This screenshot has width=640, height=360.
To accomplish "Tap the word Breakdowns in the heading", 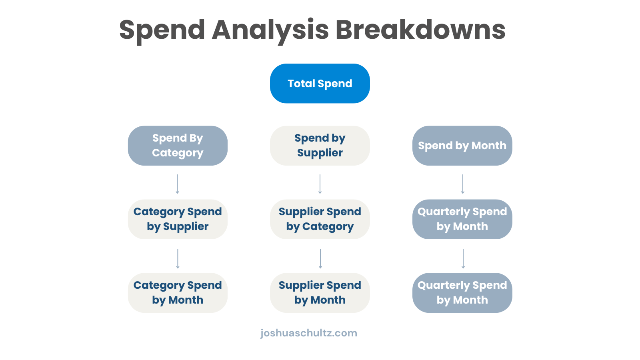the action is point(420,29).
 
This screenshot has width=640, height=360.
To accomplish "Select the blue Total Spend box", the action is point(320,84).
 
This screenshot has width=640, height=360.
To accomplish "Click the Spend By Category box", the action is point(178,146).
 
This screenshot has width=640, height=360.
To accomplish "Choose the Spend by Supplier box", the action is point(320,146).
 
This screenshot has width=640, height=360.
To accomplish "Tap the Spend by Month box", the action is point(462,146).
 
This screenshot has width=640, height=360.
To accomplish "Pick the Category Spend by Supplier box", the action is point(178,219).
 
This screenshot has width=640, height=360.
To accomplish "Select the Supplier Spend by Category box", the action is point(320,219).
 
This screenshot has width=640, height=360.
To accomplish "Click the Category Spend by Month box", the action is point(178,293).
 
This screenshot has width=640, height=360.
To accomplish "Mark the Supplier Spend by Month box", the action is point(320,293).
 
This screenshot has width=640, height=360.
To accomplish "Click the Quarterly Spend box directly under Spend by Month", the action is point(462,219).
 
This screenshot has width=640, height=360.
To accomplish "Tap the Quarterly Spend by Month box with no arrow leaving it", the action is point(462,293).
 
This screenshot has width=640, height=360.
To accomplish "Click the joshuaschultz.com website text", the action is point(308,333).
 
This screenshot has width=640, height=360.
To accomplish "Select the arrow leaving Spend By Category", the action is point(177,184).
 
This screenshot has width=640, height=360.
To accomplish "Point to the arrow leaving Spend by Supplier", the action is point(320,184).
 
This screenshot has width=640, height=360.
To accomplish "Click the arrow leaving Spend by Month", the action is point(462,184).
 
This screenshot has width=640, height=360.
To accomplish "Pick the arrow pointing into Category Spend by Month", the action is point(178,259).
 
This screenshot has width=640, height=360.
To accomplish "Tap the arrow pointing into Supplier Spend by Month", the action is point(320,259).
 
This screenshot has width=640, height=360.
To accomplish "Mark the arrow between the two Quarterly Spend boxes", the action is point(463,259).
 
